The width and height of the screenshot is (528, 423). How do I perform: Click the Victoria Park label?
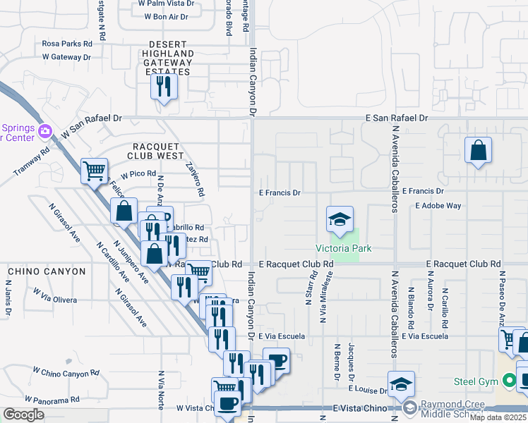(x=343, y=248)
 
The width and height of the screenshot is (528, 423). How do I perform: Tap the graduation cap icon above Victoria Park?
(x=340, y=219)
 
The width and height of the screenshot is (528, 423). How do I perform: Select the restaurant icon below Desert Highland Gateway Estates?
(x=164, y=87)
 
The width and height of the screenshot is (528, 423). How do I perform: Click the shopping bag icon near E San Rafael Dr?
(x=479, y=150)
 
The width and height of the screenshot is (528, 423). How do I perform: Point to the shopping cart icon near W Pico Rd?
(x=95, y=170)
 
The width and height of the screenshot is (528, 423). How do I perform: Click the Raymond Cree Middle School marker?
(x=409, y=408)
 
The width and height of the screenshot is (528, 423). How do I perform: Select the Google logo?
(x=23, y=415)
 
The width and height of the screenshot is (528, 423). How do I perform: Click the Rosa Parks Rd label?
(x=67, y=43)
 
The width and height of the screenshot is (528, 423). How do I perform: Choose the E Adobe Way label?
(x=438, y=206)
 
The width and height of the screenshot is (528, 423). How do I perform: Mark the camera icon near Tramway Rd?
(x=45, y=131)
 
